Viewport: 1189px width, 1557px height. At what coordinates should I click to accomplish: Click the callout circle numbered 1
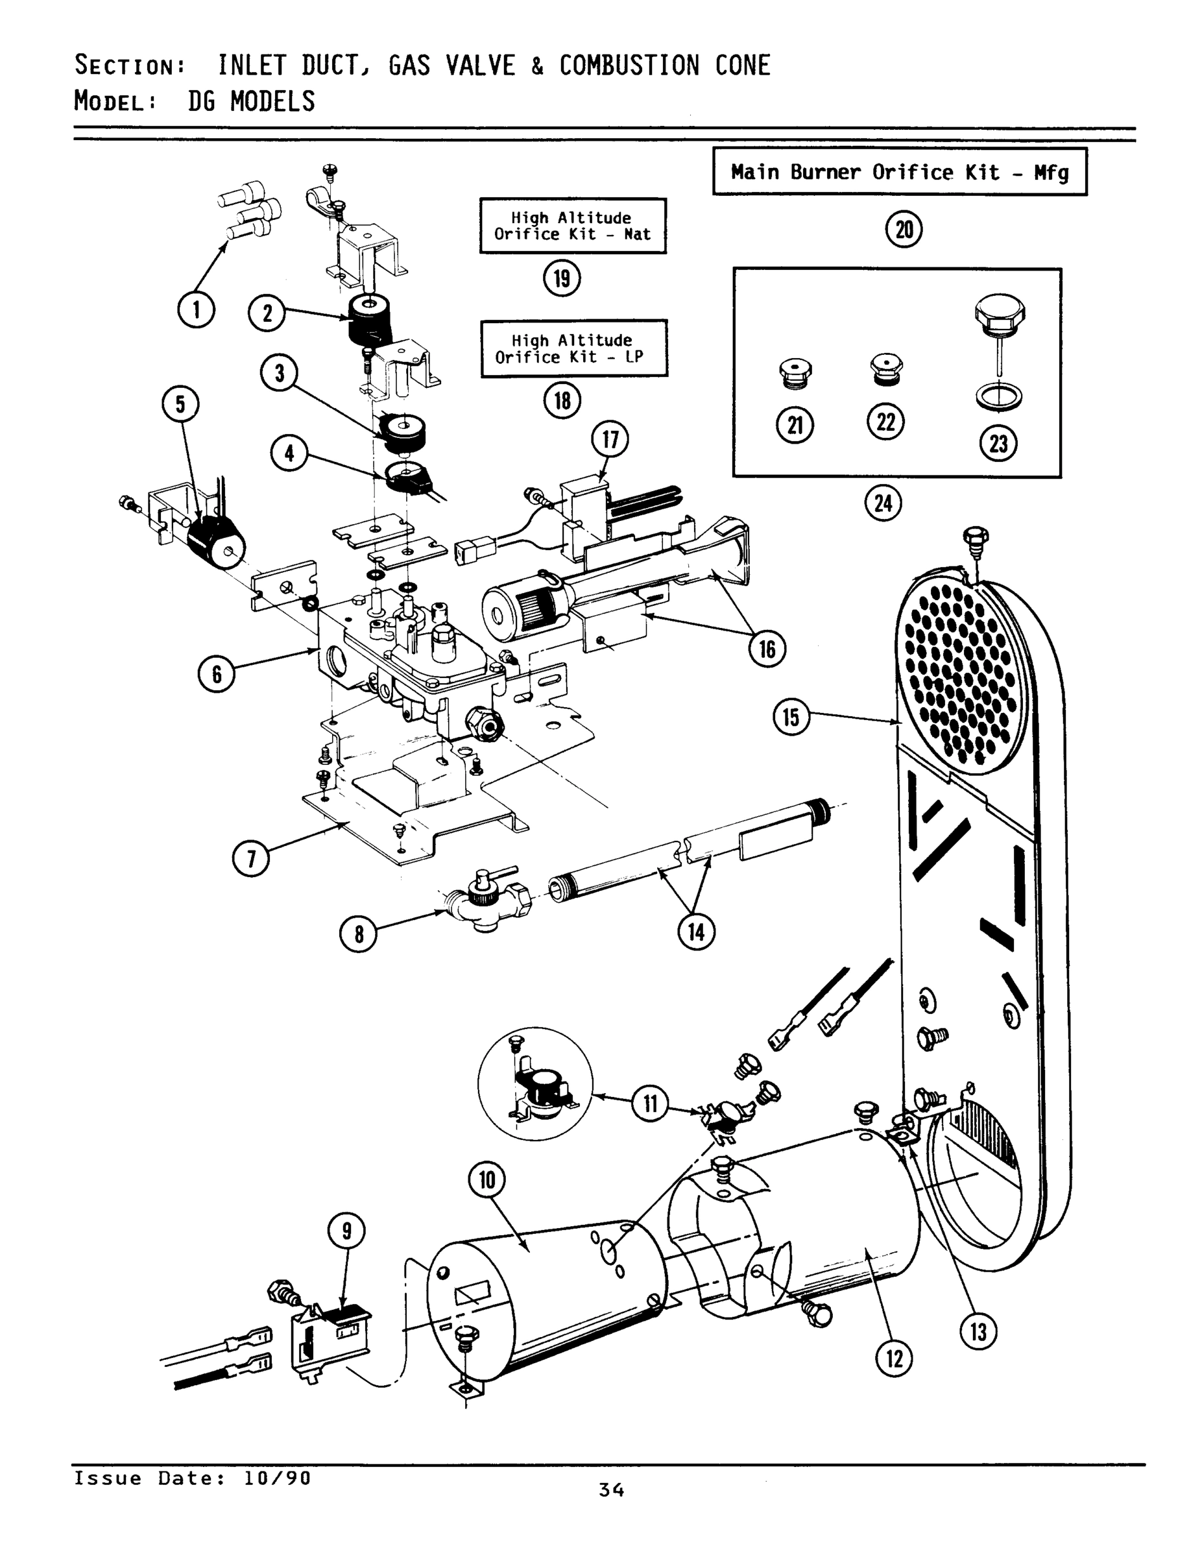point(196,309)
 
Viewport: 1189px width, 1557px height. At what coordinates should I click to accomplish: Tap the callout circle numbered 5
point(180,404)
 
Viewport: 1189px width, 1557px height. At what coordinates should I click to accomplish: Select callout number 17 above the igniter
point(609,439)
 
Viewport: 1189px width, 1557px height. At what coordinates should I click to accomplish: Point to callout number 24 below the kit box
point(883,503)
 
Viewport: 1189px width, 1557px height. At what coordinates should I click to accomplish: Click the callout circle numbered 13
point(978,1333)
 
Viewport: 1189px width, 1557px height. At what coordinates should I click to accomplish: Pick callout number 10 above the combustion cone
point(487,1181)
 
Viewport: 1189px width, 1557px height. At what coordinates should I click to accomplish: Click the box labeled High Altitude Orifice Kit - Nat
point(572,226)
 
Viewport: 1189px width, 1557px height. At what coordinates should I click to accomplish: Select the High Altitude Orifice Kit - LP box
point(573,348)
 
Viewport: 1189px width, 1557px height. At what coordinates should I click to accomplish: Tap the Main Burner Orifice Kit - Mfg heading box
point(899,172)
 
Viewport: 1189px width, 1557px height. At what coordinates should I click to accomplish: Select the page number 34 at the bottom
point(611,1490)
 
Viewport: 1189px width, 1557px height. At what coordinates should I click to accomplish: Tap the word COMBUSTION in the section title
point(629,66)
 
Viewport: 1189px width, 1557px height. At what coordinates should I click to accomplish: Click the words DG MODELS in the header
point(251,101)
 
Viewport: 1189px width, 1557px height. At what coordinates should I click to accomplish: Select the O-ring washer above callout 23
point(999,397)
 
